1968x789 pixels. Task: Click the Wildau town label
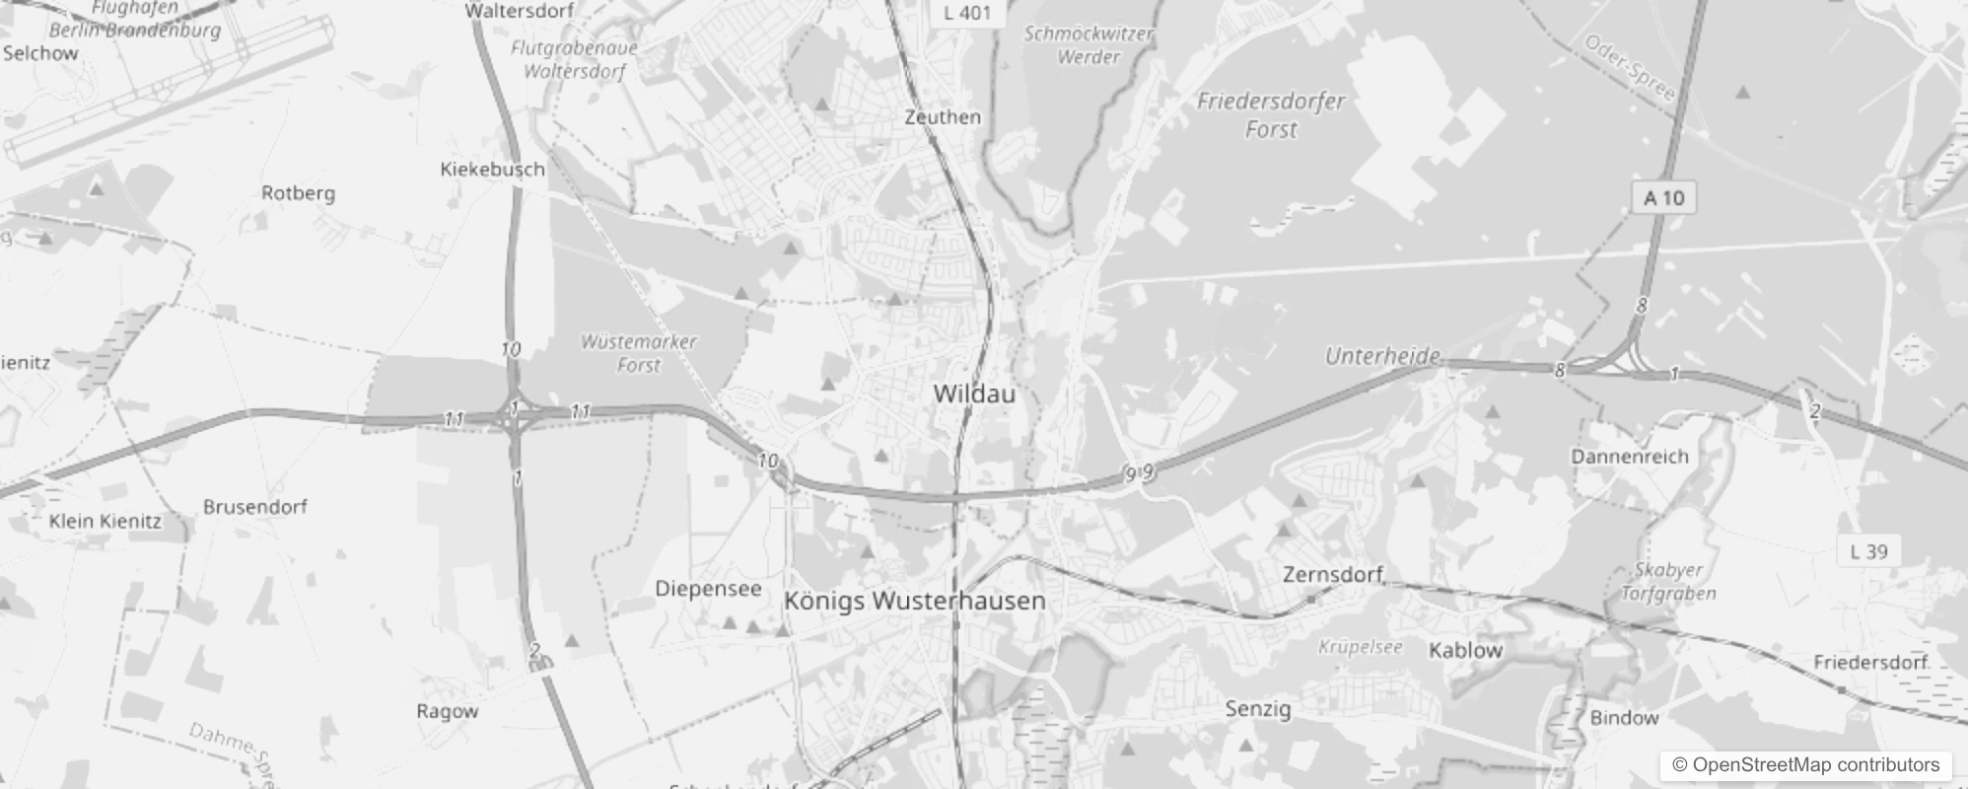coord(973,394)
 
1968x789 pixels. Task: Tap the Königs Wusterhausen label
coord(914,601)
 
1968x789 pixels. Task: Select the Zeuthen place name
coord(943,116)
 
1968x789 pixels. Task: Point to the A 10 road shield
coord(1663,198)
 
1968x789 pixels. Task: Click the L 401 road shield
coord(966,13)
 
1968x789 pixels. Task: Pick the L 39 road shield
coord(1868,551)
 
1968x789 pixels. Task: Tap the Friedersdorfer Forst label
coord(1271,114)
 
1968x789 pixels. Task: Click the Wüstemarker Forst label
coord(639,353)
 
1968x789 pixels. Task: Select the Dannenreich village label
coord(1630,457)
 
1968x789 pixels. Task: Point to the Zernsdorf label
coord(1333,574)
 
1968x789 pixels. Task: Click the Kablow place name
coord(1465,650)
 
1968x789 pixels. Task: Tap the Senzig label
coord(1258,708)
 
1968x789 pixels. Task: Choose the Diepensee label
coord(708,589)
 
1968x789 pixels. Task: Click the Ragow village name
coord(447,711)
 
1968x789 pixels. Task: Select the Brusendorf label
coord(255,507)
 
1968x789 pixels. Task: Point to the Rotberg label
coord(298,193)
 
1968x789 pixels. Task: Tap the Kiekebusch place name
coord(492,170)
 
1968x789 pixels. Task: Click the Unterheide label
coord(1382,356)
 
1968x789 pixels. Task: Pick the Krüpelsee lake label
coord(1360,648)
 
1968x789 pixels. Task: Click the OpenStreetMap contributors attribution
coord(1805,764)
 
